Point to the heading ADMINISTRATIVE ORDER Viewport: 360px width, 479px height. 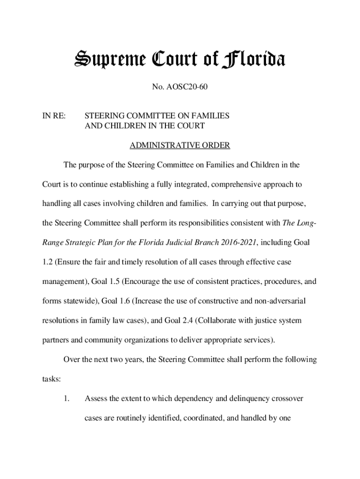(180, 145)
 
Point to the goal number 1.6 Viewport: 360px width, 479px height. (122, 301)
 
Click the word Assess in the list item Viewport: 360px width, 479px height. (96, 399)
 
